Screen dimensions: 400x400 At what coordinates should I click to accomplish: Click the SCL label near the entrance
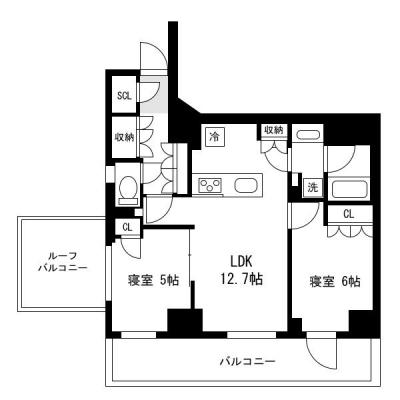tap(124, 96)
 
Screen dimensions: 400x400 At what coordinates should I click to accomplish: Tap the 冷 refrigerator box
tap(215, 136)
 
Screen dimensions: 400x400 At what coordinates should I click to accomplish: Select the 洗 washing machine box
tap(312, 187)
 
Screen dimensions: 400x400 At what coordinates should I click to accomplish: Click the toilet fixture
tap(127, 189)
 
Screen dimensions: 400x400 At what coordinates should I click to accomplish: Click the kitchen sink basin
tap(246, 185)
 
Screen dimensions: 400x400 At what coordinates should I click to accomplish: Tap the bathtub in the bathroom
tap(352, 189)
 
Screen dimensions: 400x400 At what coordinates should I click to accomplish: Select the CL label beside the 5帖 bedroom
tap(127, 227)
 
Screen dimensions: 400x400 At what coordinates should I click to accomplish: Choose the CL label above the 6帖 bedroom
tap(349, 214)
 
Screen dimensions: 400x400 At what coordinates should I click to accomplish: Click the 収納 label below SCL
tap(124, 137)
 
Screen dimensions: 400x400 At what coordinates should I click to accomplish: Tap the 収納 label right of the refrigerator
tap(273, 130)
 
